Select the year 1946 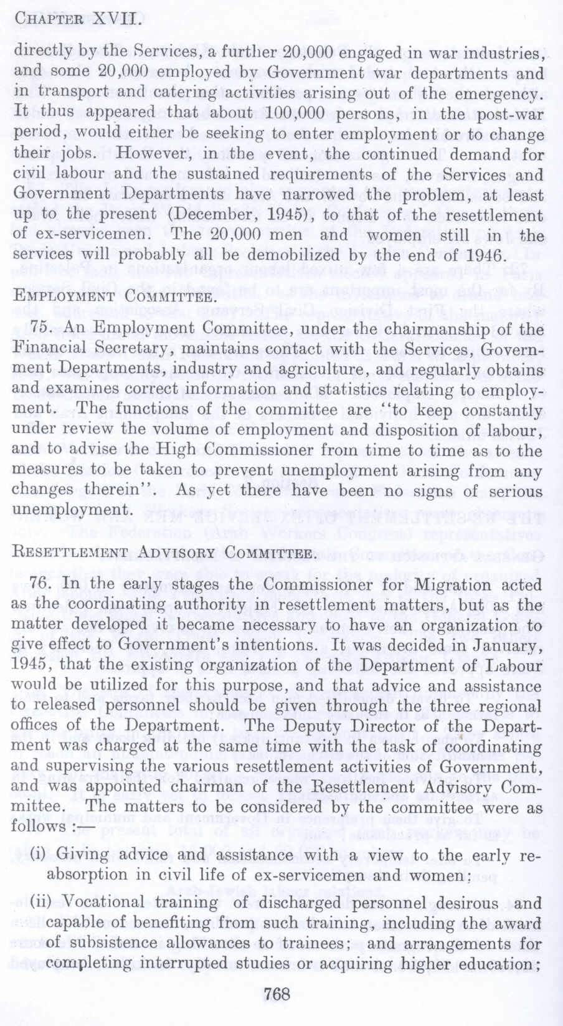pos(483,256)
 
